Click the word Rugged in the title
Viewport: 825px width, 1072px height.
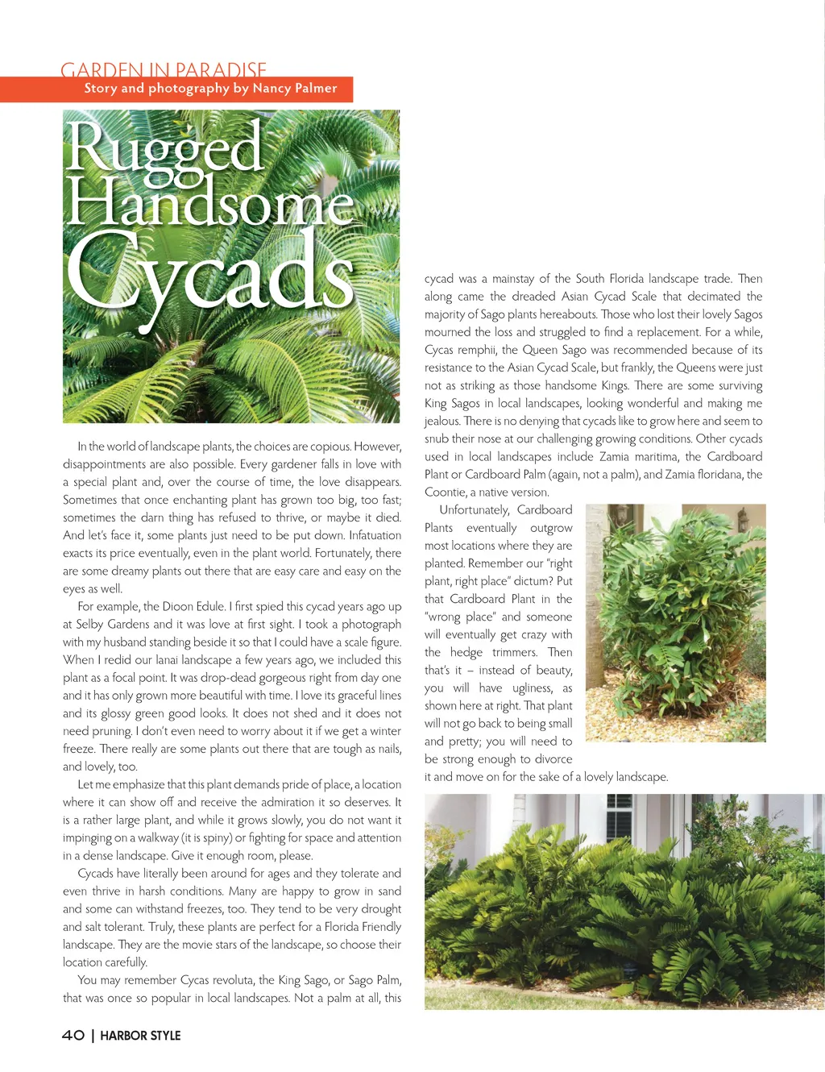tap(164, 148)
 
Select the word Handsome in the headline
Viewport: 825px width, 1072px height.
tap(209, 204)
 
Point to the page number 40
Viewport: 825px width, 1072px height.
tap(73, 1035)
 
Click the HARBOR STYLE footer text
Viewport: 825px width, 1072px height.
tap(140, 1036)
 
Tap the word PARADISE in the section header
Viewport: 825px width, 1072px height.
tap(221, 70)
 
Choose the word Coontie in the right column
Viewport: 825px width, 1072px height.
tap(446, 492)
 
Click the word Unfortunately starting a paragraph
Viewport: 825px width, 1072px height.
tap(474, 509)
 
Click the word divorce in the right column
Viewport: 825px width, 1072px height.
tap(553, 758)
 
